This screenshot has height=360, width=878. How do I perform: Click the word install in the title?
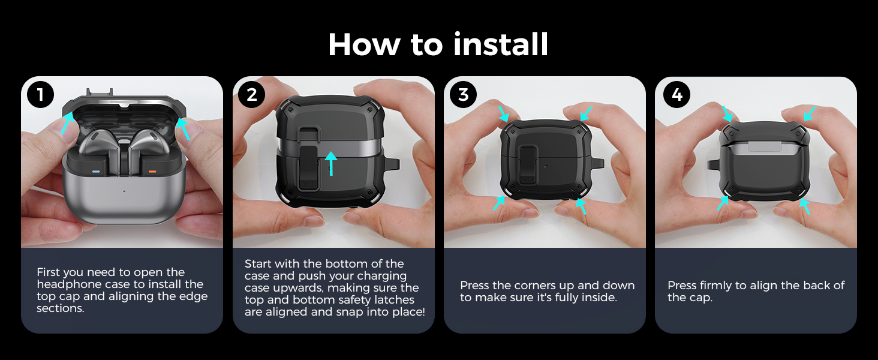pos(500,44)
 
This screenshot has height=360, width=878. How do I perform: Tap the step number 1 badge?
pos(40,95)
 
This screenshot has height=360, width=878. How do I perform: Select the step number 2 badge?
pos(252,95)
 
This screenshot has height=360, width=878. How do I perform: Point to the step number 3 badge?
pos(463,95)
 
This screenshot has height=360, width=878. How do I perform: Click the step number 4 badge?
pos(677,95)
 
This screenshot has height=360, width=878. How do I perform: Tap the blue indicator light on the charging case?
pos(96,172)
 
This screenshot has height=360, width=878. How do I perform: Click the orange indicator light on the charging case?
pos(152,172)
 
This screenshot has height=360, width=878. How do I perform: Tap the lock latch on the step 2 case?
pos(308,168)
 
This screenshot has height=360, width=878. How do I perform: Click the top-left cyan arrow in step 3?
pos(503,114)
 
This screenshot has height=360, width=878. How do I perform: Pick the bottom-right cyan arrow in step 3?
pos(581,206)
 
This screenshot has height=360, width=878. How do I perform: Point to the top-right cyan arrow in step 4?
pos(810,114)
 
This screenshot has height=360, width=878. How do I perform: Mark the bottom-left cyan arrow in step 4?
pos(723,203)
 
